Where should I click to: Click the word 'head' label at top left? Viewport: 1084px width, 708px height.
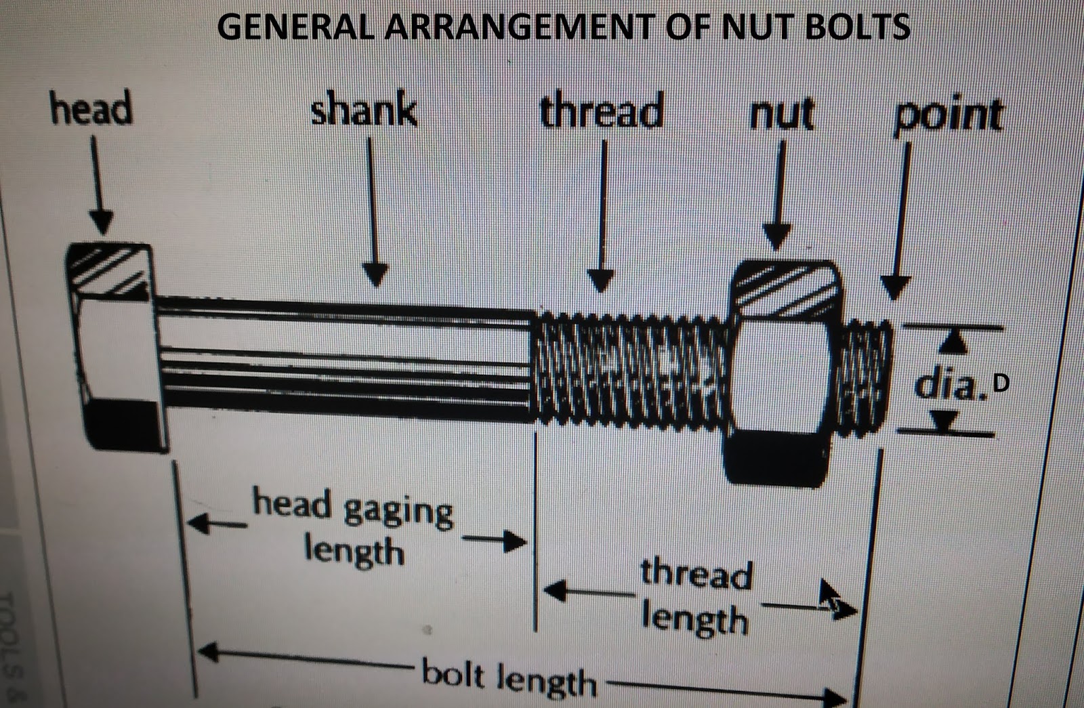click(x=91, y=110)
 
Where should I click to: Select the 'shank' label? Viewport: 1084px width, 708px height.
click(x=364, y=110)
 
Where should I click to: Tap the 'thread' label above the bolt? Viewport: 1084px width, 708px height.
click(x=602, y=112)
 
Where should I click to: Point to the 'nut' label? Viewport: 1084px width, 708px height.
click(x=781, y=113)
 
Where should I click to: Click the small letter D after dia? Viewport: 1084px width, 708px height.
click(x=1001, y=383)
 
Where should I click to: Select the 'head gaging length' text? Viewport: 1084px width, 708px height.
click(x=352, y=529)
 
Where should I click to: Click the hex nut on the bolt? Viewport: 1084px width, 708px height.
click(x=783, y=373)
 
